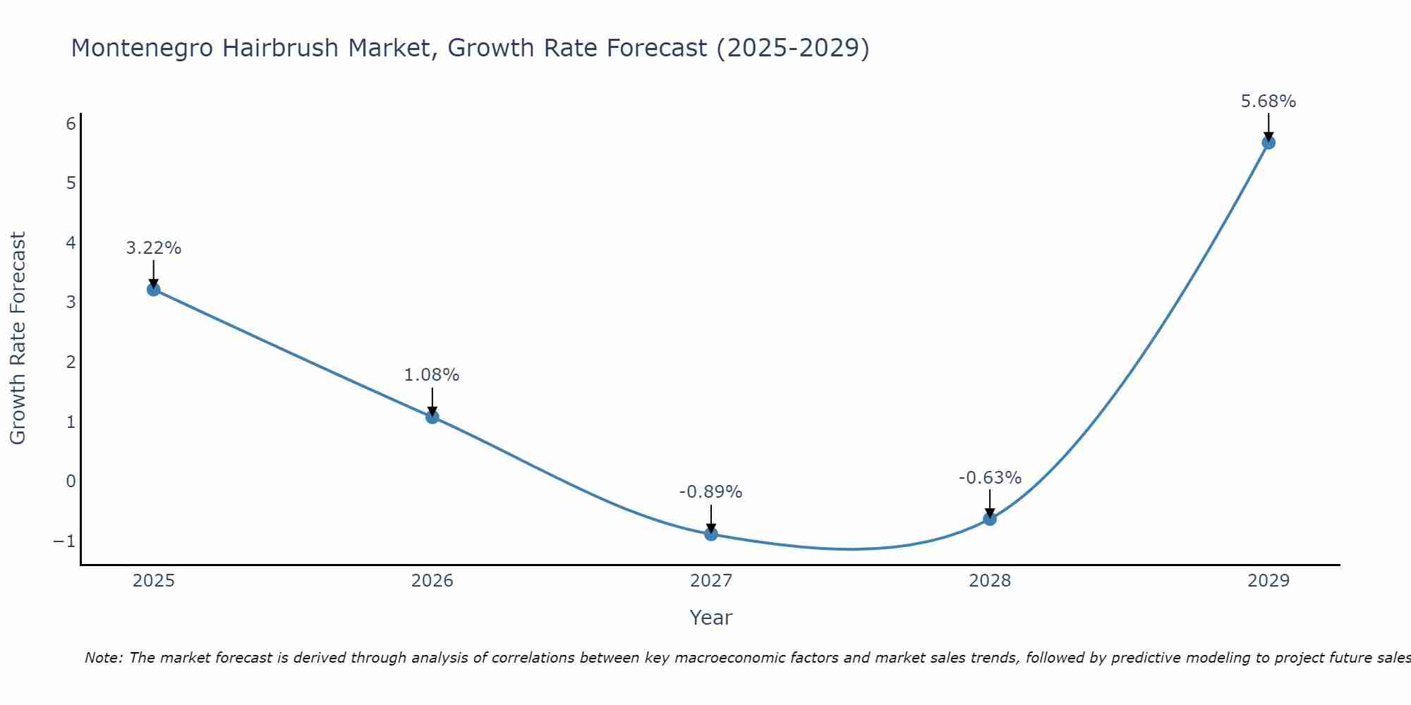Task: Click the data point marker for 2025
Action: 154,289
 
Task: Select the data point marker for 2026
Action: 432,417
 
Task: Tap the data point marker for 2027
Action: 711,534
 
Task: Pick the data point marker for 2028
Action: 990,519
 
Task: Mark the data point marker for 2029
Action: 1268,142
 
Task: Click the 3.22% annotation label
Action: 154,248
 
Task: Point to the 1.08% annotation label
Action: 432,375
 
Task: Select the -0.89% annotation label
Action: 710,492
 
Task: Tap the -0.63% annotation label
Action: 990,478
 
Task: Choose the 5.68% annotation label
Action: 1268,102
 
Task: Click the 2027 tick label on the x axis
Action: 711,581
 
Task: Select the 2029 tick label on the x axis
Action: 1268,581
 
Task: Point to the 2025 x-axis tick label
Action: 154,581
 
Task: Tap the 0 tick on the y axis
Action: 71,482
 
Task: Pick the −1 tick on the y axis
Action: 64,541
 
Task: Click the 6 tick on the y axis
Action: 71,124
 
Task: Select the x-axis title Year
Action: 711,618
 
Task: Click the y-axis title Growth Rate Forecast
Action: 18,338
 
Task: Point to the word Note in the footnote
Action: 104,658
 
